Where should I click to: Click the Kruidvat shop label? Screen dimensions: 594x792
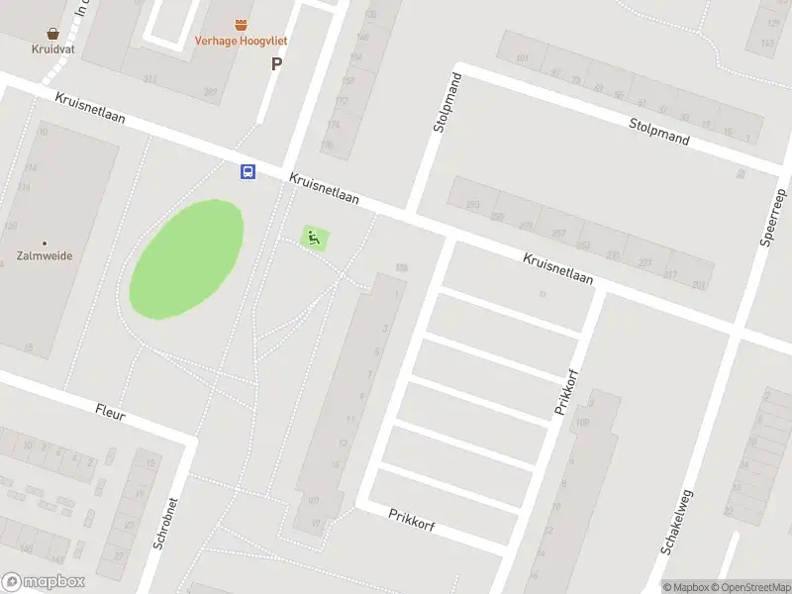tap(53, 47)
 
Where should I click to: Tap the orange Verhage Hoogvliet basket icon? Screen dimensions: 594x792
tap(241, 23)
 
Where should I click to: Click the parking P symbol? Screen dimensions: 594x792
tap(276, 63)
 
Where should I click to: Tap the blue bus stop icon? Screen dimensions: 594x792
tap(247, 171)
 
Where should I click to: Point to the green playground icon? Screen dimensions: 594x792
tap(314, 238)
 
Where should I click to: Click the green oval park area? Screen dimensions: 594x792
tap(186, 259)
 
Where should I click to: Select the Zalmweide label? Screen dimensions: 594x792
tap(45, 255)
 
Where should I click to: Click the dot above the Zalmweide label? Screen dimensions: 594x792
tap(45, 243)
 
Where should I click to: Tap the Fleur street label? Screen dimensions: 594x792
tap(110, 412)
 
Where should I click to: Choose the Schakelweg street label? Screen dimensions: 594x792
tap(678, 521)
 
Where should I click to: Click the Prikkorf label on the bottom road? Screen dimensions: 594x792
tap(412, 519)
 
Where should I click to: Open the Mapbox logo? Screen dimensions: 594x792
tap(44, 582)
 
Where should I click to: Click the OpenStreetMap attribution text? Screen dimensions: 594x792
tap(749, 587)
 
